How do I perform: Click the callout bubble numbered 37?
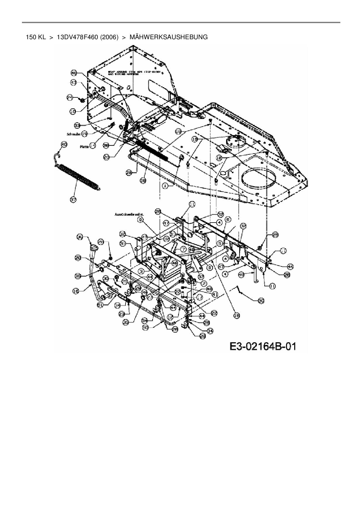(x=73, y=199)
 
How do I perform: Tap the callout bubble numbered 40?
(x=64, y=144)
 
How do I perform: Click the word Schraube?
(x=74, y=134)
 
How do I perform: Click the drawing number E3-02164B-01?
(x=263, y=347)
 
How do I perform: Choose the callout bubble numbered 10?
(x=73, y=111)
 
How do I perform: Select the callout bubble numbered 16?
(x=76, y=291)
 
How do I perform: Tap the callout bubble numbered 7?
(x=183, y=249)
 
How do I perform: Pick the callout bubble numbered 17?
(x=200, y=297)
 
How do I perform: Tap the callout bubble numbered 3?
(x=141, y=271)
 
